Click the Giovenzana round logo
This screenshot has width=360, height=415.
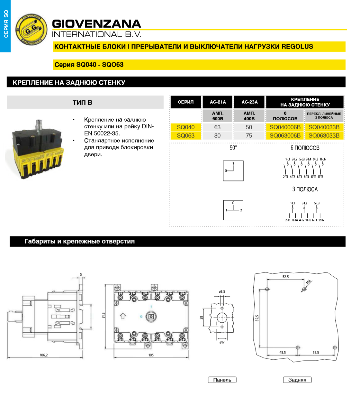point(31,30)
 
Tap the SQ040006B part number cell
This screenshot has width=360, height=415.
point(285,127)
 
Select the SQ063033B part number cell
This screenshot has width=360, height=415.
point(324,136)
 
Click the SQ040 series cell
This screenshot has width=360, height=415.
point(186,127)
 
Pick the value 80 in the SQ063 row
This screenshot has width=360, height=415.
point(218,136)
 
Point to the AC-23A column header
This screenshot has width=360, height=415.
point(249,102)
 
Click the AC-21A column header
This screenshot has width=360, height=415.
point(218,102)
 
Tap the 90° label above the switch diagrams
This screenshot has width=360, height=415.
point(233,148)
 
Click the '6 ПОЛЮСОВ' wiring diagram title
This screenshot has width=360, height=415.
point(305,148)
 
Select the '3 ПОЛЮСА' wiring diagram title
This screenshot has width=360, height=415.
point(305,189)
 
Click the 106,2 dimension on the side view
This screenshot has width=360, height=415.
point(44,355)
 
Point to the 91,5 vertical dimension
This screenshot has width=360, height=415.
point(104,315)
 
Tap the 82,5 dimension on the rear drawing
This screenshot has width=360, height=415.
point(257,318)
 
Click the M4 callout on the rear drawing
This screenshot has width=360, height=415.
point(308,282)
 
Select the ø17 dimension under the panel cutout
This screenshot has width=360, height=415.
point(222,342)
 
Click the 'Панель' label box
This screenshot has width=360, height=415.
point(222,380)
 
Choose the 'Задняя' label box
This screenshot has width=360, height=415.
point(297,380)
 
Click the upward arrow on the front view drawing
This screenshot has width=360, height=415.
point(123,316)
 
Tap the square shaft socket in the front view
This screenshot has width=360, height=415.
point(151,317)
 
